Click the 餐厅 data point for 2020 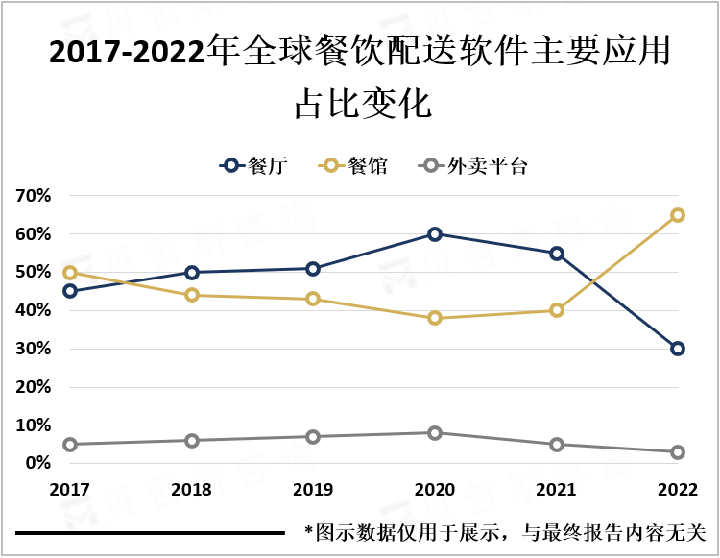[x=435, y=234]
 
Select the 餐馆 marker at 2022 [x=678, y=215]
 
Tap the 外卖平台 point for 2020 [x=435, y=433]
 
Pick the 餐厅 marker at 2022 [x=678, y=349]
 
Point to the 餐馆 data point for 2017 [x=70, y=273]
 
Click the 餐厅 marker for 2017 [x=70, y=291]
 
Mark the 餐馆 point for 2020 [x=435, y=318]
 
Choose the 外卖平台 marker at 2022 [x=678, y=452]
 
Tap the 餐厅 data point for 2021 [x=557, y=254]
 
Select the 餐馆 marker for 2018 [x=192, y=295]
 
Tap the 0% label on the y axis [x=37, y=463]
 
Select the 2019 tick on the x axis [x=313, y=490]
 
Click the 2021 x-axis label [x=557, y=490]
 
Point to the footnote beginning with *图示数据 [x=504, y=531]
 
